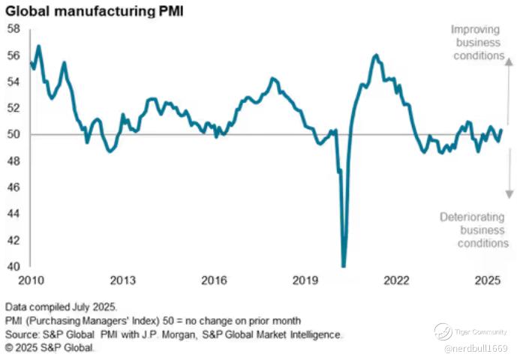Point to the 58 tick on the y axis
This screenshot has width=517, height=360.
(14, 28)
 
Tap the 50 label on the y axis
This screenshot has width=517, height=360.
(14, 135)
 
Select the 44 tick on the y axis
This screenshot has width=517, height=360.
(14, 214)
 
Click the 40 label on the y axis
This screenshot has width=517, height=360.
(14, 266)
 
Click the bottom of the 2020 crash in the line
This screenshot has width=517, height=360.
(344, 265)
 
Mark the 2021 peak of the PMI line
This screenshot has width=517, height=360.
(375, 55)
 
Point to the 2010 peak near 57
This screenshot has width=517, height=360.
(38, 46)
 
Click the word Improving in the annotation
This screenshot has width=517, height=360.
(476, 29)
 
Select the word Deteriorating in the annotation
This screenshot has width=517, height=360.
(474, 217)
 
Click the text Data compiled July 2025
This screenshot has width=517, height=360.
(59, 307)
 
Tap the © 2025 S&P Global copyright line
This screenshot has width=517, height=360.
(51, 348)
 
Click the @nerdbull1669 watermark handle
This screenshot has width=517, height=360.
(475, 348)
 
